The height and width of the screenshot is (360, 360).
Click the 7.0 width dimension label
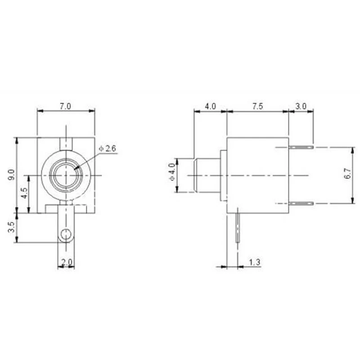66,106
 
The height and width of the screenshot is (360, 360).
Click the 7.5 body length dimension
257,106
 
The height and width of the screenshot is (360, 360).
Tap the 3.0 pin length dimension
301,106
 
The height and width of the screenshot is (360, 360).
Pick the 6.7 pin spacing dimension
346,175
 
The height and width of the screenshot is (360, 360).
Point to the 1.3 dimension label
255,262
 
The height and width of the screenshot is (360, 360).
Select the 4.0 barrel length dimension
210,106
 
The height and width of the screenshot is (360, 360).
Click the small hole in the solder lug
66,234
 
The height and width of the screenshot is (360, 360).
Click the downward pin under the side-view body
238,228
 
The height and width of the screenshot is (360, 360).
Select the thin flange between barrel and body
223,175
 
